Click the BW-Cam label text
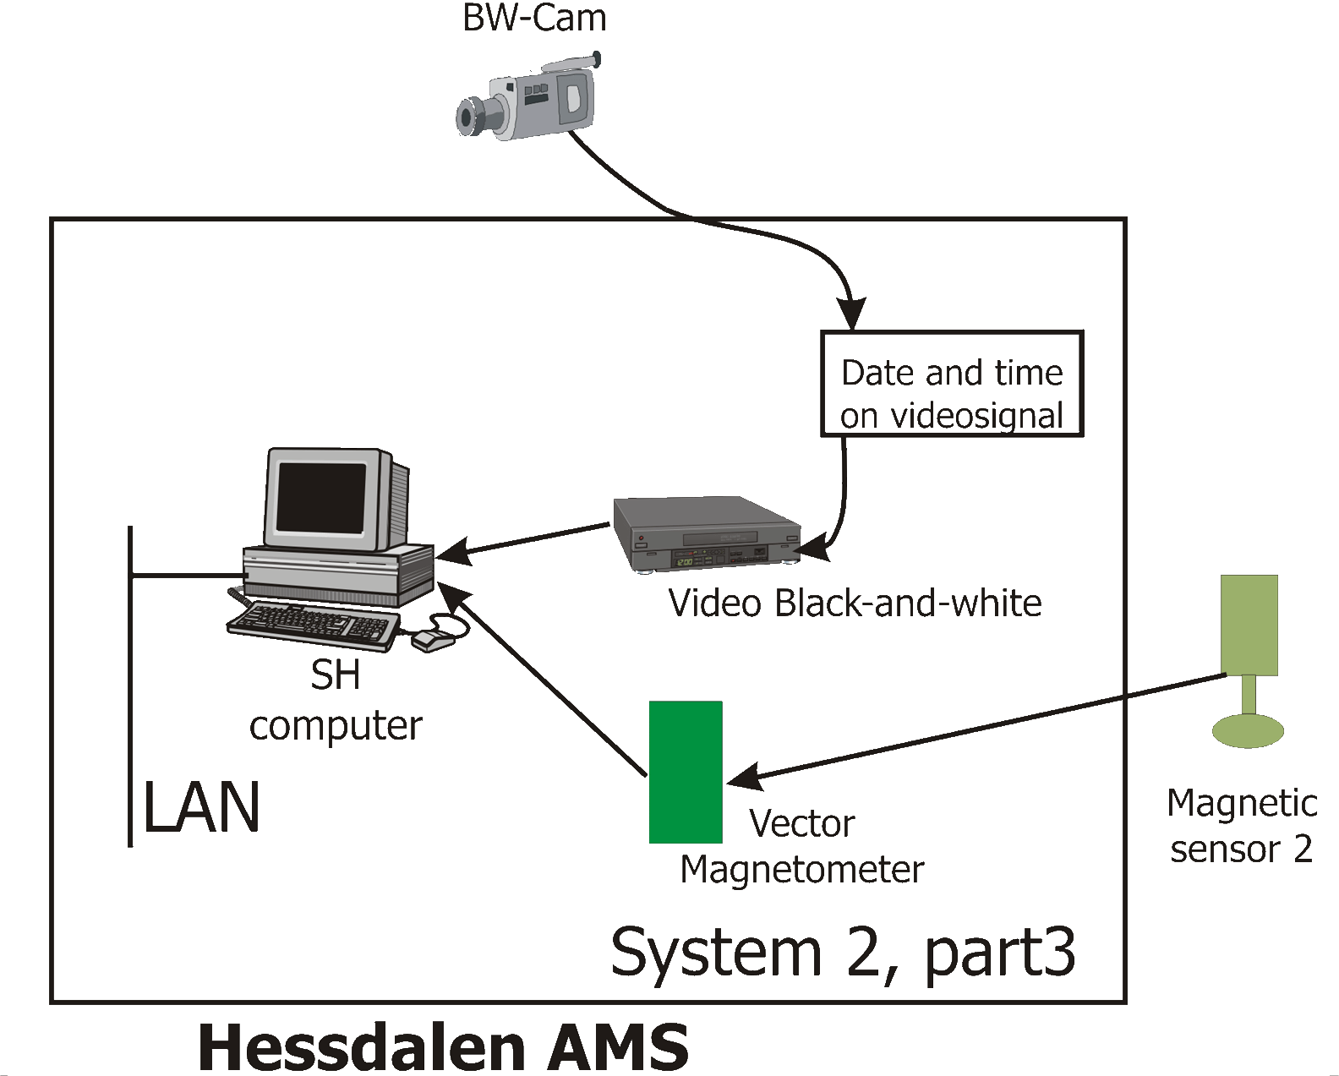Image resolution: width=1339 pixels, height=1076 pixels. [x=534, y=18]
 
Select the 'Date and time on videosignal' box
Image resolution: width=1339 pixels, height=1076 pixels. [x=952, y=384]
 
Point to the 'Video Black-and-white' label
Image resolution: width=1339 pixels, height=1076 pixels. [x=855, y=604]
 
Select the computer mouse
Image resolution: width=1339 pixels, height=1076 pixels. [x=433, y=640]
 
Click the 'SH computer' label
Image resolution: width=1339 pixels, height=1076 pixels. [x=336, y=700]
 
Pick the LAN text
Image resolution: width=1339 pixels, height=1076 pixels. [x=201, y=808]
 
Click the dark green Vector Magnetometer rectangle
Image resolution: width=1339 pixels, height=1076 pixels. [x=686, y=772]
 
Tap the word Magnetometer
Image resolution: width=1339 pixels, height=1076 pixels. [x=801, y=870]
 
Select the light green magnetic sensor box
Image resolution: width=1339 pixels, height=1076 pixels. [x=1249, y=625]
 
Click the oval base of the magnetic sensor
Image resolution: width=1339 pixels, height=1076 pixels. [x=1248, y=730]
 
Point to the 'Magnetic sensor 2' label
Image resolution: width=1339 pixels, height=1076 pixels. [x=1241, y=826]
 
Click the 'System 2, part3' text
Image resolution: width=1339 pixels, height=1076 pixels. [x=843, y=953]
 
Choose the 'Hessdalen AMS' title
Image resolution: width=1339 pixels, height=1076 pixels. [x=443, y=1047]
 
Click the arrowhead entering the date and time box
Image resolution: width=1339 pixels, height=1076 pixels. [x=851, y=314]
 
